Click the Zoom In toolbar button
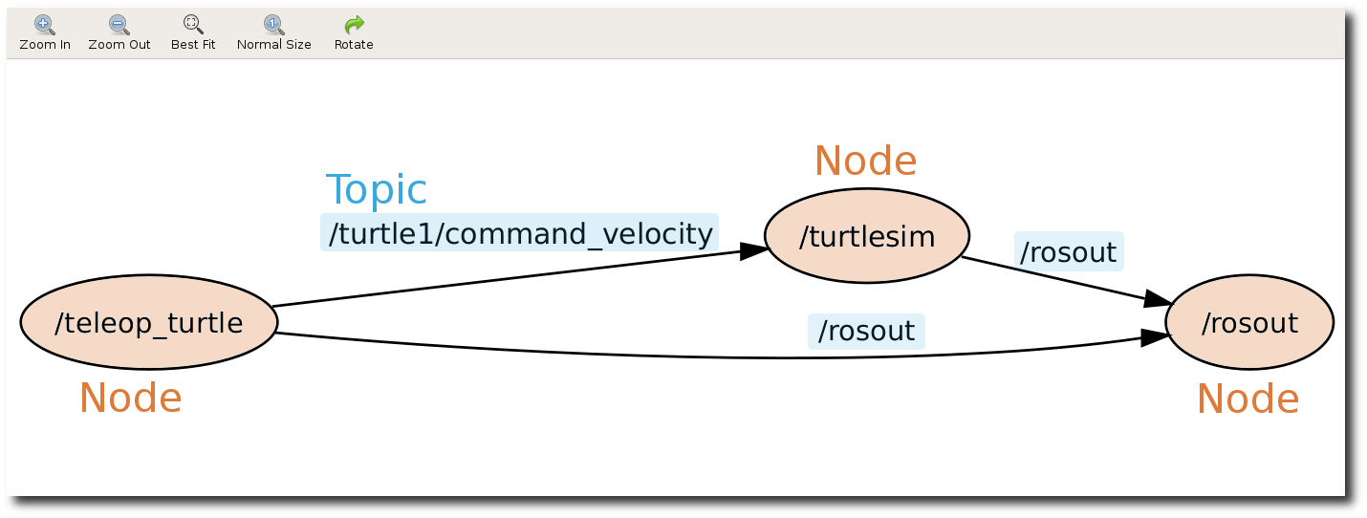44,32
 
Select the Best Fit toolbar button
193,32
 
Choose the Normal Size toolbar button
273,32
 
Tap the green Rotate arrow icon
354,24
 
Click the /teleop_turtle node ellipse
149,323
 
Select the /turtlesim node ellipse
867,236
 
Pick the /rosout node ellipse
1249,323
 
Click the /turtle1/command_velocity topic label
519,233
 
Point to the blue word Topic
376,190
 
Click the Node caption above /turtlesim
865,162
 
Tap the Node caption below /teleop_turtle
130,398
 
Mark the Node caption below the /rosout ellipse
1248,399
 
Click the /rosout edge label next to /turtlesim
1068,252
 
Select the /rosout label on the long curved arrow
867,331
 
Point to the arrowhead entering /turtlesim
754,250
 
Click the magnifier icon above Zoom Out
119,24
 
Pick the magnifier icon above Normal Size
273,24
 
